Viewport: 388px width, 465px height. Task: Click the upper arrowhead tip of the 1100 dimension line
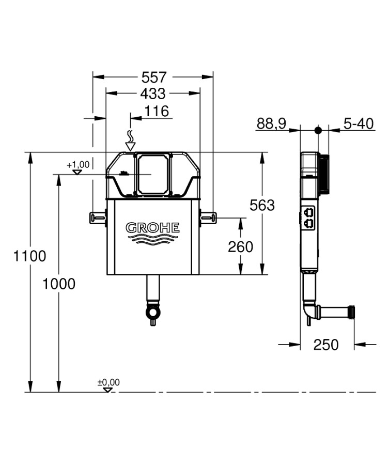tap(29, 152)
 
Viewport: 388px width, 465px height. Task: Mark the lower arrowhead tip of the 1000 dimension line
tap(59, 392)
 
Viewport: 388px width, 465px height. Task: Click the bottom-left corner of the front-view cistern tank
tap(107, 275)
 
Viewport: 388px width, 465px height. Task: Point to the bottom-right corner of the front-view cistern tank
tap(199, 275)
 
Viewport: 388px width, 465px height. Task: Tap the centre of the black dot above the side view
tap(318, 130)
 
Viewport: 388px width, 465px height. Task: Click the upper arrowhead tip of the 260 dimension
tap(241, 218)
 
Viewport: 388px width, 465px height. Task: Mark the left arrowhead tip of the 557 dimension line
tap(93, 77)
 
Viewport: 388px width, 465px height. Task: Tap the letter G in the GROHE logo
tap(131, 228)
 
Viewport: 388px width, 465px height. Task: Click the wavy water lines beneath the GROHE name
tap(153, 239)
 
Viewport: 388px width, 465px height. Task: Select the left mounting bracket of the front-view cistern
tap(98, 217)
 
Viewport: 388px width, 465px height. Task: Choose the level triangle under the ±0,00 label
tap(107, 390)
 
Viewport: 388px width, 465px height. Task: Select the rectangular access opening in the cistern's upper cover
tap(153, 174)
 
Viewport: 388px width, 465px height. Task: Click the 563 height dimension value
tap(262, 205)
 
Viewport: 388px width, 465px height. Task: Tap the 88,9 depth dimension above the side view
tap(271, 123)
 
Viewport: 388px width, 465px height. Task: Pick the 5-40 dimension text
tap(359, 123)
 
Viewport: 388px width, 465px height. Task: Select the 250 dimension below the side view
tap(326, 345)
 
